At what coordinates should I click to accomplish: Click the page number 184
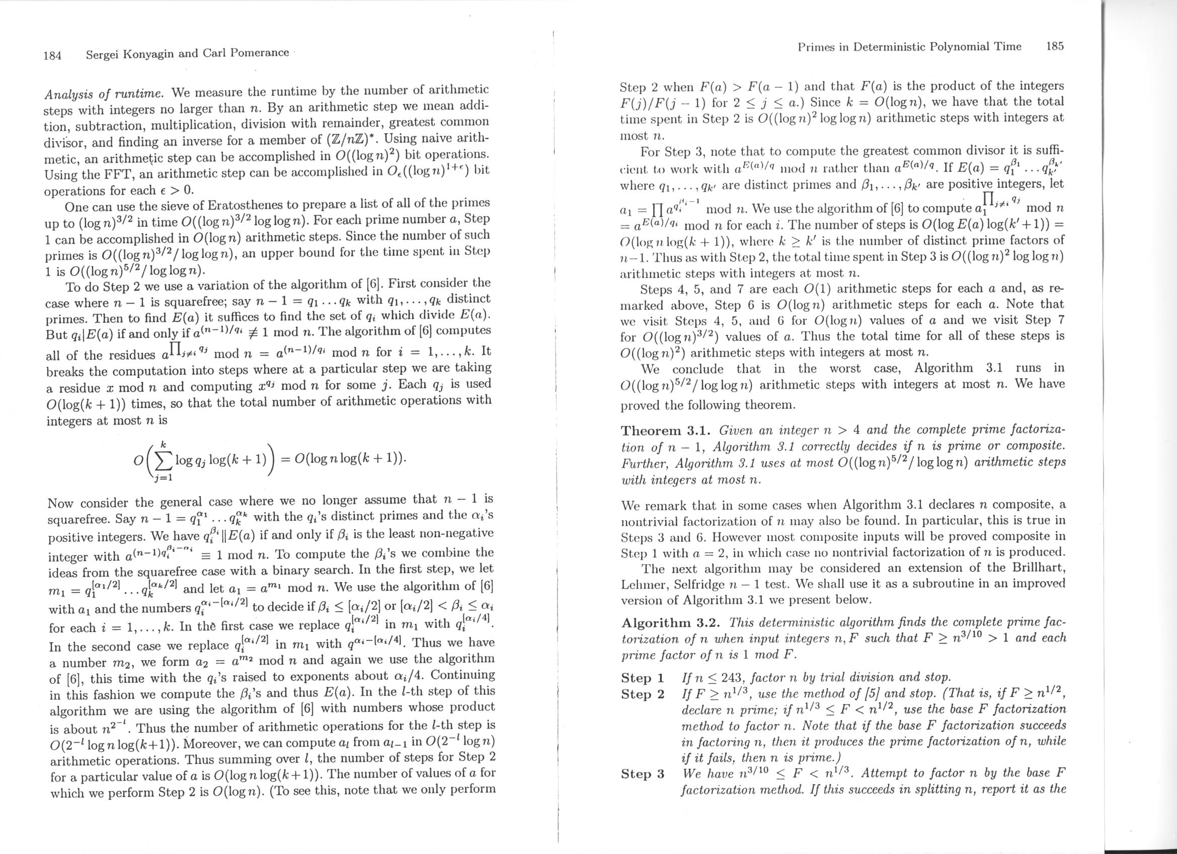click(53, 55)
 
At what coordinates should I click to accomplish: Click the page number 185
click(1055, 46)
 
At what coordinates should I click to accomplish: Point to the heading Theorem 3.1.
click(667, 431)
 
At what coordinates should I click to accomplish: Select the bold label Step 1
click(643, 678)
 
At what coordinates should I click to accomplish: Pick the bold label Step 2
click(643, 694)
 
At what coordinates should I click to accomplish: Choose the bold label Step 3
click(643, 774)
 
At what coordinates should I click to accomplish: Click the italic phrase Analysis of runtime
click(104, 94)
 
